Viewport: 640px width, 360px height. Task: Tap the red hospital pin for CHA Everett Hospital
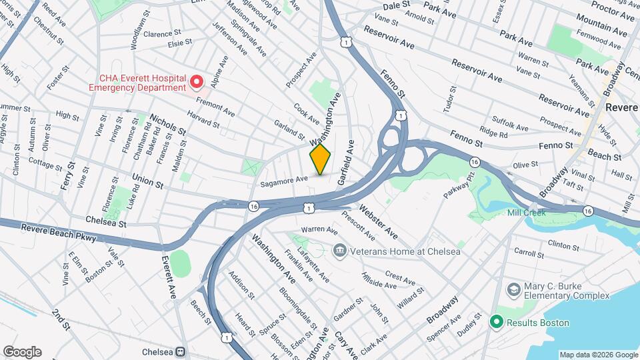pos(196,82)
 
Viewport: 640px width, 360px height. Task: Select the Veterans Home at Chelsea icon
pos(340,251)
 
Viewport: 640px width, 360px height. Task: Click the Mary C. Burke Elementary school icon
pos(513,289)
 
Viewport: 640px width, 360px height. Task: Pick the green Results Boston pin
pos(496,323)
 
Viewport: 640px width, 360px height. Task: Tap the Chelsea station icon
pos(180,351)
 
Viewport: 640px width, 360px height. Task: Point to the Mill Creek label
pos(526,213)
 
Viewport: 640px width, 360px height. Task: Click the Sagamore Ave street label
pos(284,179)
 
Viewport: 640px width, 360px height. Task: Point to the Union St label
pos(147,181)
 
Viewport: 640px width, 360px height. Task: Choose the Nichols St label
pos(167,124)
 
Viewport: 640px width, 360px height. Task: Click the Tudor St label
pos(453,100)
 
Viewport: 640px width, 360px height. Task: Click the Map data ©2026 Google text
pos(599,355)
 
